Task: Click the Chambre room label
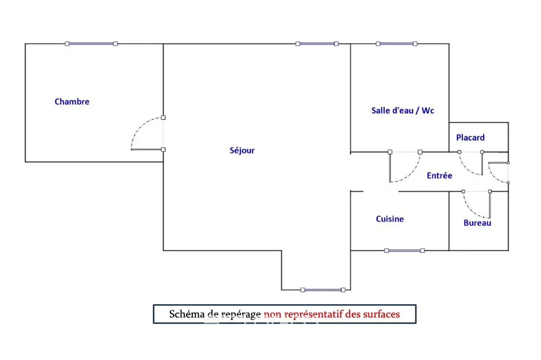coord(72,102)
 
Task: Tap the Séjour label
coord(242,150)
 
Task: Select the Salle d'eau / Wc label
coord(403,110)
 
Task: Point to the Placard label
coord(470,138)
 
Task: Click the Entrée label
coord(439,176)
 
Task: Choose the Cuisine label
coord(390,219)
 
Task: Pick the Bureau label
coord(477,223)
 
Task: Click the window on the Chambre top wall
coord(91,44)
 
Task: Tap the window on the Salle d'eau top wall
coord(397,44)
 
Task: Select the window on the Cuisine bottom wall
coord(404,251)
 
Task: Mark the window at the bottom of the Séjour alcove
coord(322,290)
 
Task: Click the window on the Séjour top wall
coord(316,44)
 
